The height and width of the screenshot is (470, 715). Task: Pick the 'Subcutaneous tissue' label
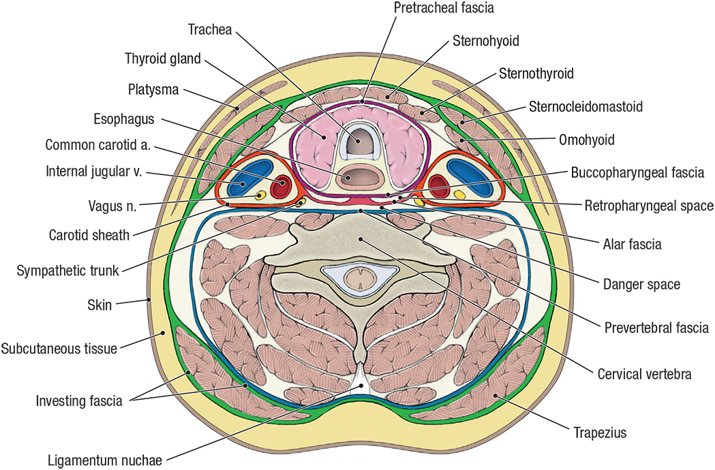(x=59, y=348)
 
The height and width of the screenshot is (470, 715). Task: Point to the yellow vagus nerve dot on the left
(x=260, y=196)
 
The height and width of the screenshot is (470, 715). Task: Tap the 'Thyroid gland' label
(x=163, y=59)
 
